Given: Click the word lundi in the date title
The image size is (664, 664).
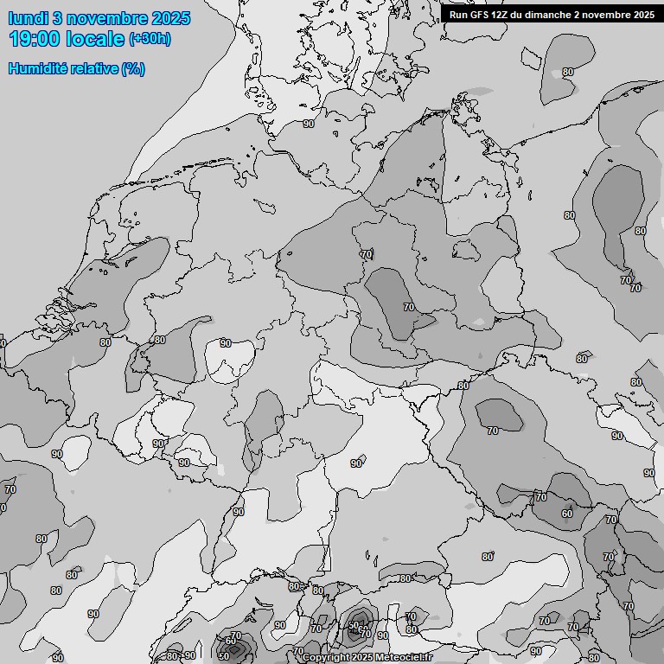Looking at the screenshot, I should (x=28, y=18).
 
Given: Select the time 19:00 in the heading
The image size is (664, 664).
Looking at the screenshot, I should (x=35, y=39).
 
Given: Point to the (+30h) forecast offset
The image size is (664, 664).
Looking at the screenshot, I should (x=149, y=39).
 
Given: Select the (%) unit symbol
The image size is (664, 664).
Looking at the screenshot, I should (x=133, y=68).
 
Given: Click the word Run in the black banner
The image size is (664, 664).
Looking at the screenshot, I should (x=458, y=14).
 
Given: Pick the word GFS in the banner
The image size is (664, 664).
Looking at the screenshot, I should (x=481, y=14).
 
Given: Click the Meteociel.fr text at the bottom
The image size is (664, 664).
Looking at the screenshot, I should (x=405, y=657).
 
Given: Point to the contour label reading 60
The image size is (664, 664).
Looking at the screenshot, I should (x=566, y=514).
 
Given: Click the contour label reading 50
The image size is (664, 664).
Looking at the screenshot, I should (x=223, y=655).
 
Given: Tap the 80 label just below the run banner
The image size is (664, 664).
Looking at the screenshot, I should (x=568, y=73).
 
